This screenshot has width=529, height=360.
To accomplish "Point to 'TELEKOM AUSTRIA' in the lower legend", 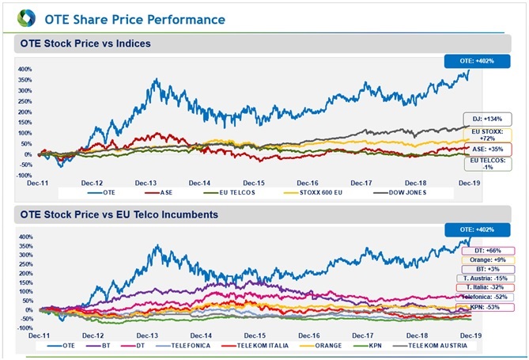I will coord(433,346).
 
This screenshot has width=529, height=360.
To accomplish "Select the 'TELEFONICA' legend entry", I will coord(188,346).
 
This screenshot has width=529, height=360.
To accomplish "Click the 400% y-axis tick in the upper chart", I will coord(25,69).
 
